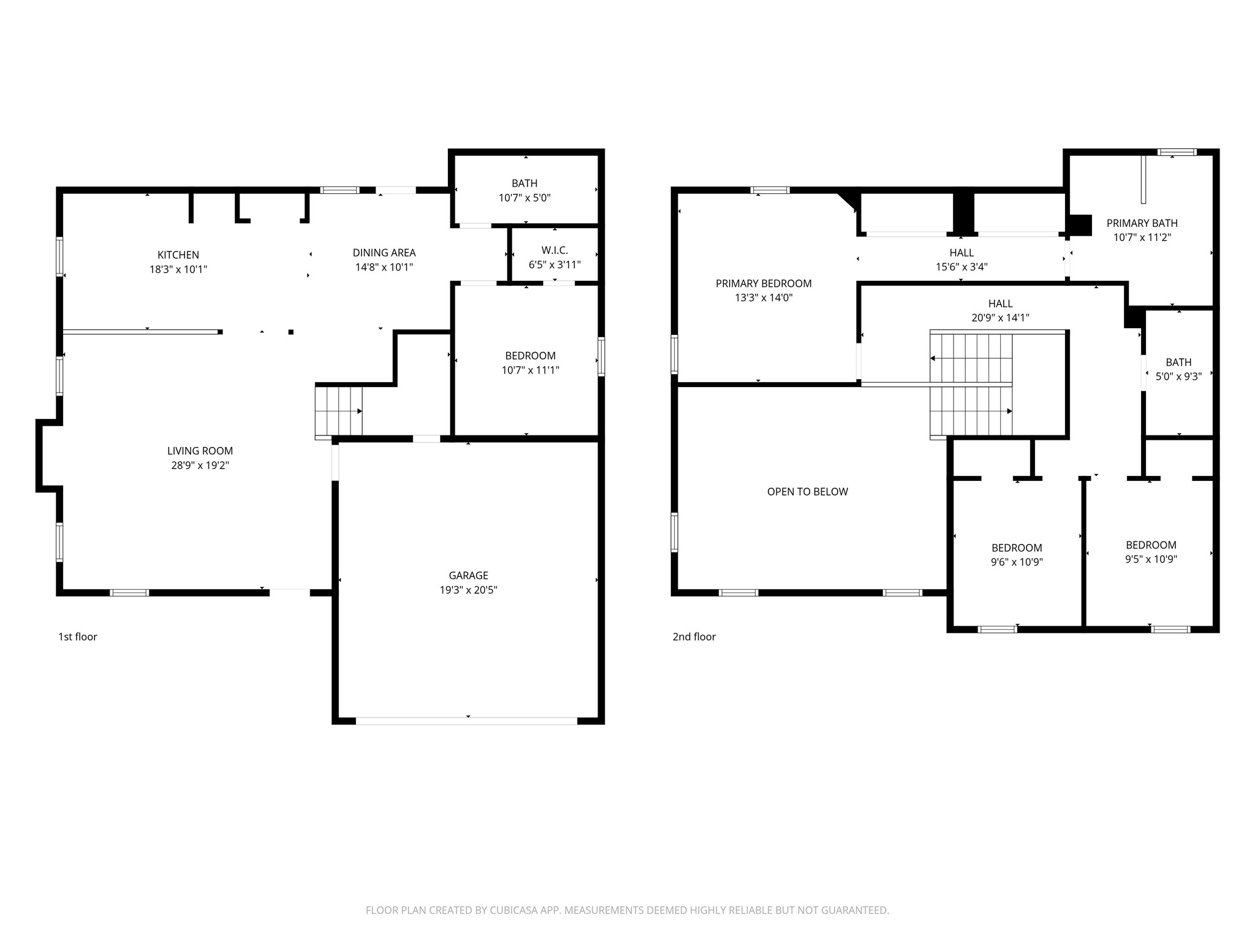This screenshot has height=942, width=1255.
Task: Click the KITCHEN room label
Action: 178,255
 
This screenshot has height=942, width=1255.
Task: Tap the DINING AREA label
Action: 384,253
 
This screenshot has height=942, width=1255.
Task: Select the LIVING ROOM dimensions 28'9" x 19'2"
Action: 200,465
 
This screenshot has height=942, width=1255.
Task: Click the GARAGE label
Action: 469,575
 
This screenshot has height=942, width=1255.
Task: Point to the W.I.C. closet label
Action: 555,250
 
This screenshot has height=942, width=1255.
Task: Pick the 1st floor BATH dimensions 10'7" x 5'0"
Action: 525,198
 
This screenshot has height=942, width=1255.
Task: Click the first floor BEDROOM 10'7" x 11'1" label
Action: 531,363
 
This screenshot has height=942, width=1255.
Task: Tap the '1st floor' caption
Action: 78,637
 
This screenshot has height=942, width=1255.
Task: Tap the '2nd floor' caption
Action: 694,637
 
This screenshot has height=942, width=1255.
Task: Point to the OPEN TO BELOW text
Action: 808,492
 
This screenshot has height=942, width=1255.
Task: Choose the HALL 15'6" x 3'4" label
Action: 961,259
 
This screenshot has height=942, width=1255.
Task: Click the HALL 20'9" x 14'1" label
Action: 1001,310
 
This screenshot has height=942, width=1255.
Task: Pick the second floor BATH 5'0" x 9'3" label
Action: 1178,369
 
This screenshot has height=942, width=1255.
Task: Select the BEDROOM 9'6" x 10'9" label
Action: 1017,555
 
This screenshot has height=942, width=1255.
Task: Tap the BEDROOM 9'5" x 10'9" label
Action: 1151,552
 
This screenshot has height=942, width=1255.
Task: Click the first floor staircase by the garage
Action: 339,411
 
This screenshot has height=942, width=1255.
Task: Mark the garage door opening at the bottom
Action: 467,721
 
